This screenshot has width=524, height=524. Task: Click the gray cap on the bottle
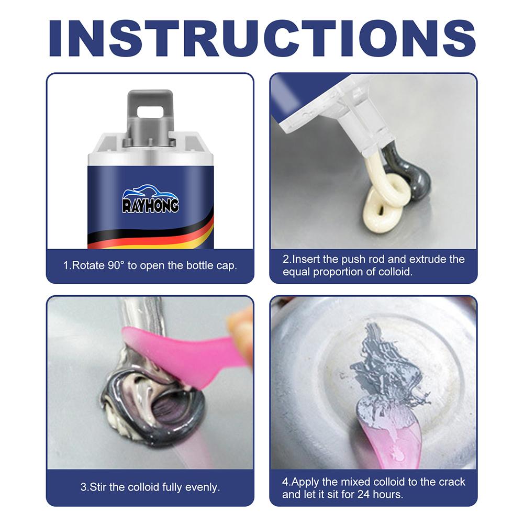pyautogui.click(x=150, y=113)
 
